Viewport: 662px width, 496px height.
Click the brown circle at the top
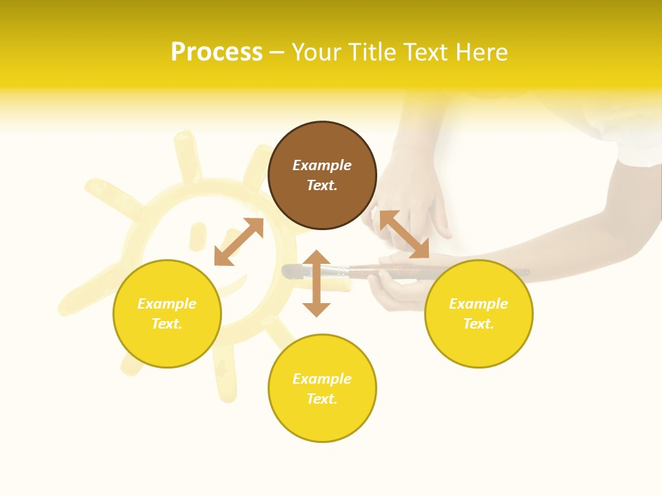pyautogui.click(x=322, y=175)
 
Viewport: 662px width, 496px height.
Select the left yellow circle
pyautogui.click(x=167, y=313)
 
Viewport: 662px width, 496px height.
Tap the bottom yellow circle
pyautogui.click(x=322, y=389)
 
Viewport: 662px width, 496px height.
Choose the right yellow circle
pyautogui.click(x=479, y=313)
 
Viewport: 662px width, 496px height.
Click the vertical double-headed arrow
pyautogui.click(x=317, y=283)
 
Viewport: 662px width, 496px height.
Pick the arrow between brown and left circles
pyautogui.click(x=239, y=242)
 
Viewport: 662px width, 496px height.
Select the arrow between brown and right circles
pyautogui.click(x=404, y=235)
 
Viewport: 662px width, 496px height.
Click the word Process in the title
pyautogui.click(x=217, y=52)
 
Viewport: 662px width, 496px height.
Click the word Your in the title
pyautogui.click(x=317, y=52)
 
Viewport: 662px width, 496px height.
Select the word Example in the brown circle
pyautogui.click(x=322, y=165)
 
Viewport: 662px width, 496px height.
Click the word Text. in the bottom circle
pyautogui.click(x=322, y=399)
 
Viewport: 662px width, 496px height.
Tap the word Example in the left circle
pyautogui.click(x=167, y=304)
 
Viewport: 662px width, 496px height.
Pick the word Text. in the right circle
pyautogui.click(x=479, y=324)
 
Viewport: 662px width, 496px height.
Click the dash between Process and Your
pyautogui.click(x=277, y=52)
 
